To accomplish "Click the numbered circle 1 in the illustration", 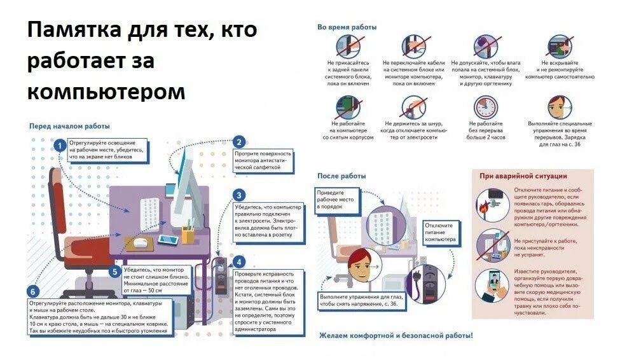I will pos(59,146).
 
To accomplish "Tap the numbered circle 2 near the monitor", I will pos(239,142).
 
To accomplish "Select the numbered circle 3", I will pos(239,195).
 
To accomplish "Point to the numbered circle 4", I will pos(239,261).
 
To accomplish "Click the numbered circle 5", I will pos(114,272).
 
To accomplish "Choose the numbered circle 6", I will pos(34,292).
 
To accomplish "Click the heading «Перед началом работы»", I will pos(70,126).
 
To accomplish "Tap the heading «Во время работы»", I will pos(347,27).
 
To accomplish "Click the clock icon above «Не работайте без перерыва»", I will pos(486,107).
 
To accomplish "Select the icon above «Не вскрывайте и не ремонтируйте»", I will pos(560,46).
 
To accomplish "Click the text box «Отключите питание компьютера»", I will pos(439,233).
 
